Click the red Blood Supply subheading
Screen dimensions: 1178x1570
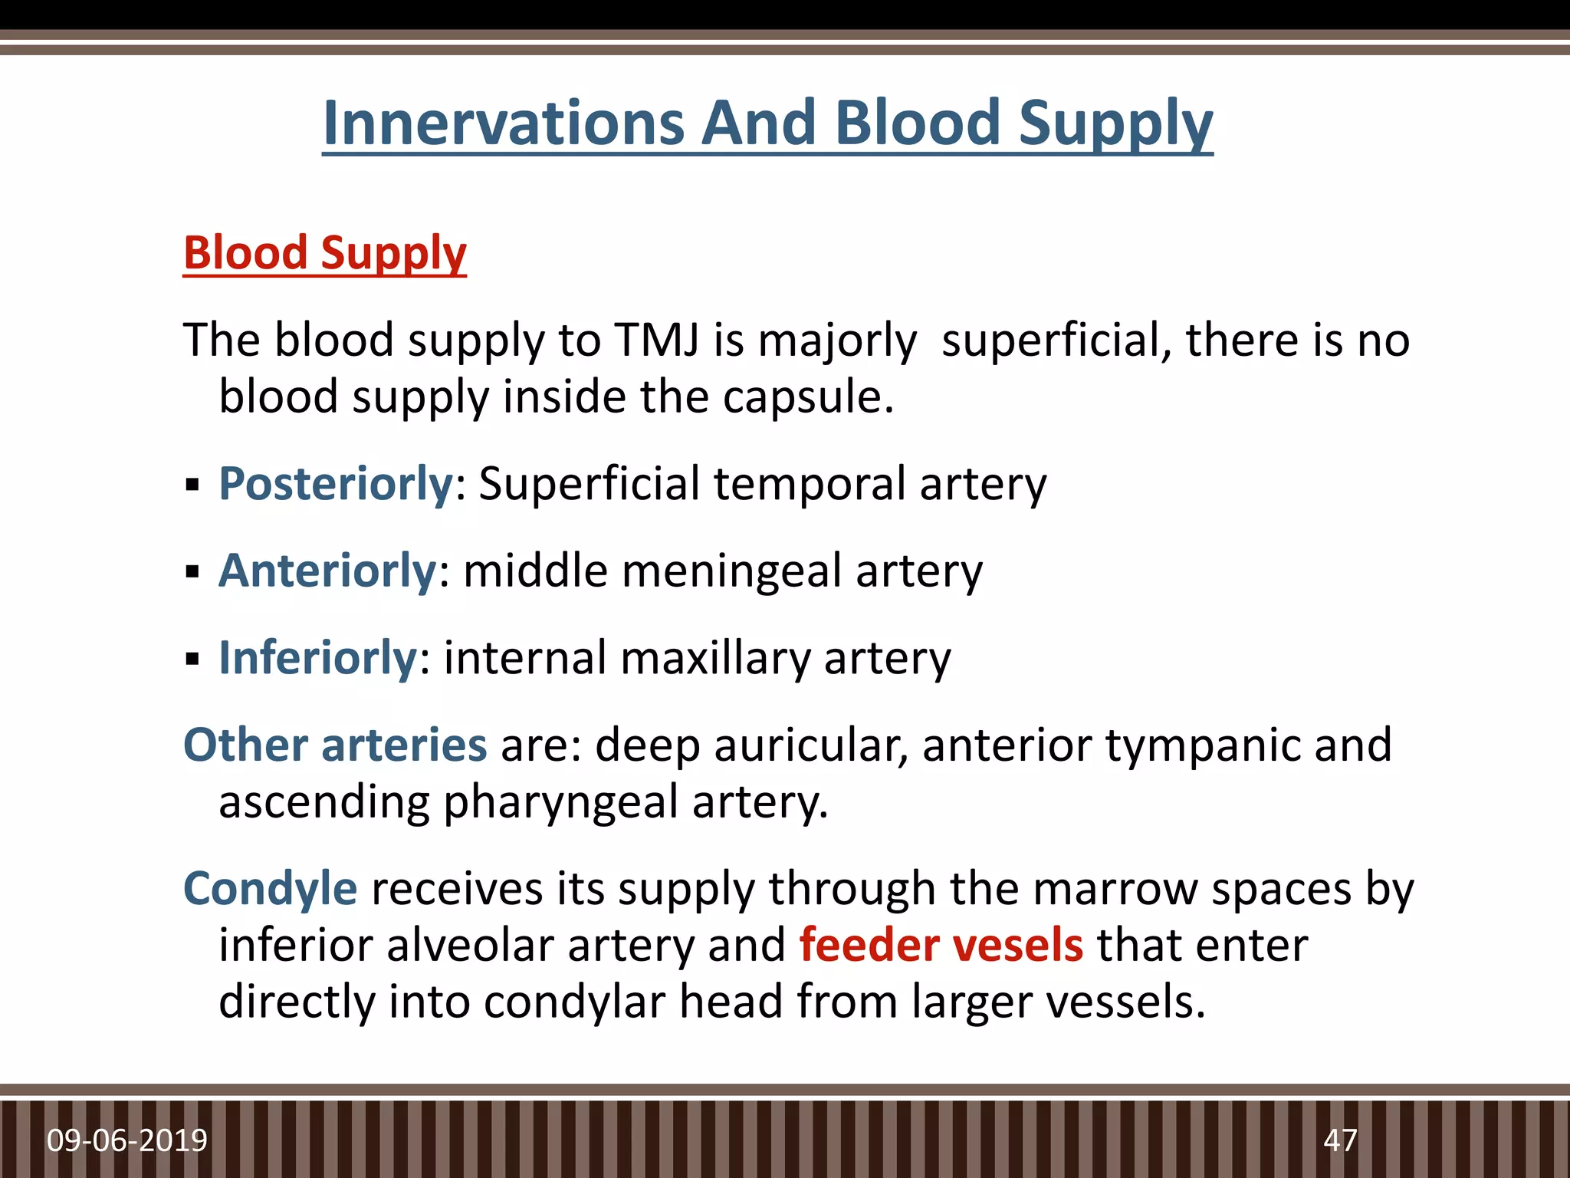tap(324, 253)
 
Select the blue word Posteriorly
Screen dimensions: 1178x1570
tap(336, 485)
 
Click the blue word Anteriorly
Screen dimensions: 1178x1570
tap(327, 571)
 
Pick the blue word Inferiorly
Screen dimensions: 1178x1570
tap(317, 658)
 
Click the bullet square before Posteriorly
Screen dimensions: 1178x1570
tap(192, 485)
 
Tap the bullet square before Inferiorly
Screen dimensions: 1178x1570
tap(192, 659)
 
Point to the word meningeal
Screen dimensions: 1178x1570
tap(732, 571)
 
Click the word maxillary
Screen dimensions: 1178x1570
tap(715, 658)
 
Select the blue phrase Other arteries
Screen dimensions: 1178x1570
tap(335, 745)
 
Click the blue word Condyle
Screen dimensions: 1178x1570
tap(270, 889)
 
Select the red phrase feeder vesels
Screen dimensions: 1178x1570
tap(941, 945)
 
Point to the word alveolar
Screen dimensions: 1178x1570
tap(469, 945)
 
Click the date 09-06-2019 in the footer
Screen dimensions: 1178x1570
tap(127, 1140)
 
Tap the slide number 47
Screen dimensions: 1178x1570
tap(1340, 1140)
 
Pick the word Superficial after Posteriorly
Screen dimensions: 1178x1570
tap(589, 485)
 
